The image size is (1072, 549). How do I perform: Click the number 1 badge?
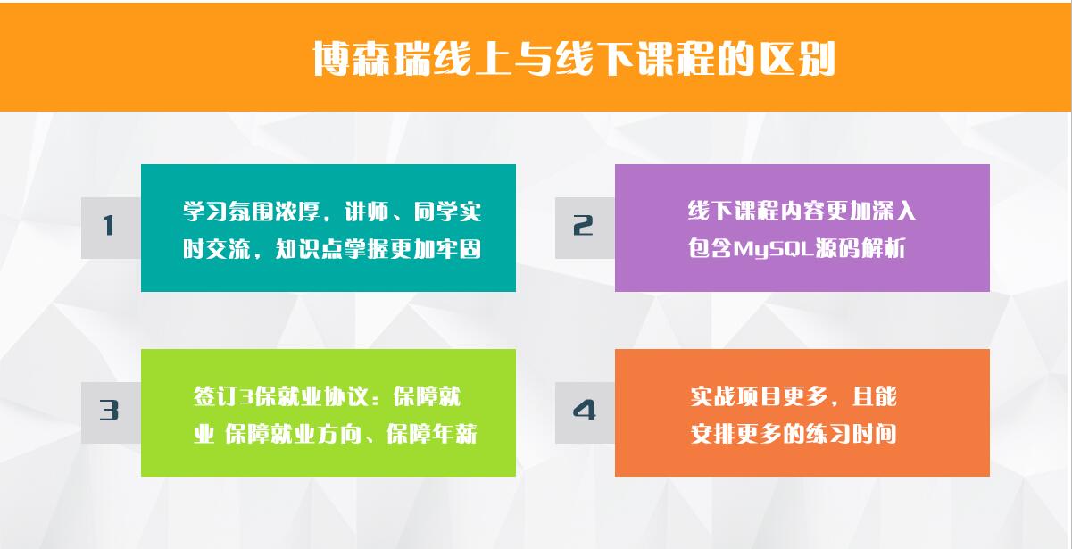[111, 228]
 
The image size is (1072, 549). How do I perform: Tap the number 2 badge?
[585, 228]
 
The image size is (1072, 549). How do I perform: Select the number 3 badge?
[111, 412]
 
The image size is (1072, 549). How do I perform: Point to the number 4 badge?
[585, 412]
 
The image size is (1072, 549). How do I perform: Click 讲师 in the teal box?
[367, 211]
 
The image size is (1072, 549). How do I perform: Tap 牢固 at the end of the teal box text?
[459, 249]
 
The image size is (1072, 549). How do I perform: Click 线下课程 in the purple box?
[733, 211]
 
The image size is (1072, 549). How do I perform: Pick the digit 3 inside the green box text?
[246, 396]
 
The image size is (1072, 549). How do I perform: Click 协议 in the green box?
[345, 396]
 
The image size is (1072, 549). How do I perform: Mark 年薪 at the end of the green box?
[454, 434]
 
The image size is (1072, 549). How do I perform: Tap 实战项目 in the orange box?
[735, 396]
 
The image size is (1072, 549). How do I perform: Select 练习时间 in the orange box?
[851, 434]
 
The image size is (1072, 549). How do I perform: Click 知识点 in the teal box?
[309, 249]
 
